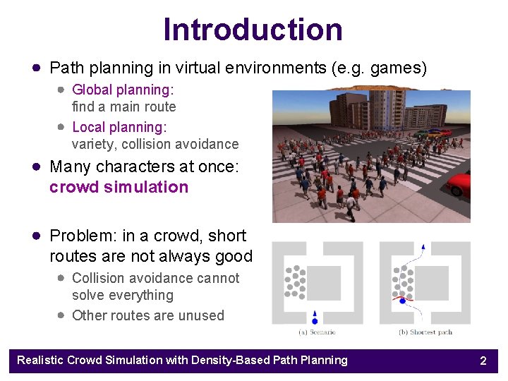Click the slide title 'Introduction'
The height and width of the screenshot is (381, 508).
point(253,30)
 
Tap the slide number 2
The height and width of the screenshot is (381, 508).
point(483,361)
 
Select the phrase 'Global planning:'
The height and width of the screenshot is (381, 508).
point(123,90)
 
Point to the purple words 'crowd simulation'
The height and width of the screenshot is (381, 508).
point(119,187)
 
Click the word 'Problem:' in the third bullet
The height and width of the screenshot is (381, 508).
point(78,236)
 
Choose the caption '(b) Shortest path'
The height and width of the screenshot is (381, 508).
point(425,332)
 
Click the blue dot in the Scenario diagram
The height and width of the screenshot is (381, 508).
point(315,320)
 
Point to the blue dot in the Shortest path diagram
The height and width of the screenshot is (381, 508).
point(403,301)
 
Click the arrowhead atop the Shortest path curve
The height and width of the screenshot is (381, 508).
point(423,246)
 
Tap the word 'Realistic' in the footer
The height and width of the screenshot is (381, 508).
point(40,361)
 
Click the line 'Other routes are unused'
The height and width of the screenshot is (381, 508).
point(148,315)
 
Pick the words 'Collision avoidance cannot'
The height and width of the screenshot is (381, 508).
point(155,278)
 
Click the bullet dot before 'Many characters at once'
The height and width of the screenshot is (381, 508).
point(35,167)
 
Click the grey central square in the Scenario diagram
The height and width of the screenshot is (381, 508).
point(325,283)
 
